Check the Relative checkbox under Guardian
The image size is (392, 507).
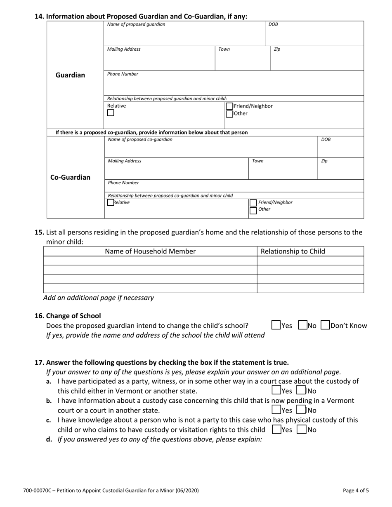(x=111, y=113)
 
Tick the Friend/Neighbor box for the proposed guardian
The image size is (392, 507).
(x=229, y=106)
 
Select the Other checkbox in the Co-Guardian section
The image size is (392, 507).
(x=253, y=211)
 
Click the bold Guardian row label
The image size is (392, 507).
(x=70, y=75)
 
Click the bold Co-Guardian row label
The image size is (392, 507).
(x=70, y=178)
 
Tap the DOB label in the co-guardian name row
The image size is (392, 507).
(x=326, y=140)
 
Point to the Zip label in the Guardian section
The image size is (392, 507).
(x=277, y=49)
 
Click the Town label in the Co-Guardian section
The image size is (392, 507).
(x=257, y=161)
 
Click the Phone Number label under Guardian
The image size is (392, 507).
(x=123, y=74)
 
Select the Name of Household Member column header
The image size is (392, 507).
(x=150, y=251)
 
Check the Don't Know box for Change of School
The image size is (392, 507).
(x=325, y=325)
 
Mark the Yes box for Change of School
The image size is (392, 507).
(x=276, y=325)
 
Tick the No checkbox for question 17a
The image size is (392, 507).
(x=301, y=390)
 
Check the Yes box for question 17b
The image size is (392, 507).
(x=276, y=410)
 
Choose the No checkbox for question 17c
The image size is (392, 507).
(x=302, y=430)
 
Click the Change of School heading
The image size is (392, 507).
(x=73, y=316)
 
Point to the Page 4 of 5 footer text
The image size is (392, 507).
(x=356, y=491)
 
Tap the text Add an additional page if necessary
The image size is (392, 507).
(x=98, y=298)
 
